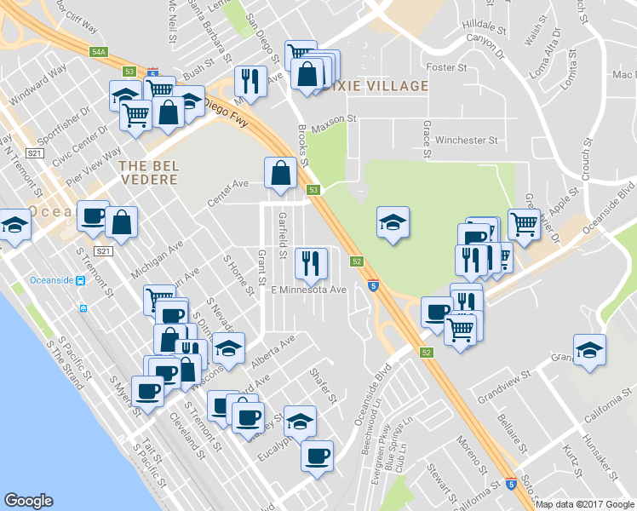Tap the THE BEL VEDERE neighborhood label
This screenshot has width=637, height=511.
[x=148, y=172]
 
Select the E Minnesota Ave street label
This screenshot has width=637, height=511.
[x=308, y=290]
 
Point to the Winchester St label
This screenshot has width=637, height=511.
[x=465, y=140]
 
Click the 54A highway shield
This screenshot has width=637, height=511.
[x=99, y=52]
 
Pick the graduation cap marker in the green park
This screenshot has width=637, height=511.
[x=392, y=222]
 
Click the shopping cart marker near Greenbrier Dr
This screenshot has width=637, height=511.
[x=525, y=224]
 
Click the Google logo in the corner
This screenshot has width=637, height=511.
[x=28, y=501]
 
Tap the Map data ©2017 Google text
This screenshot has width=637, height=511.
[x=583, y=504]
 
